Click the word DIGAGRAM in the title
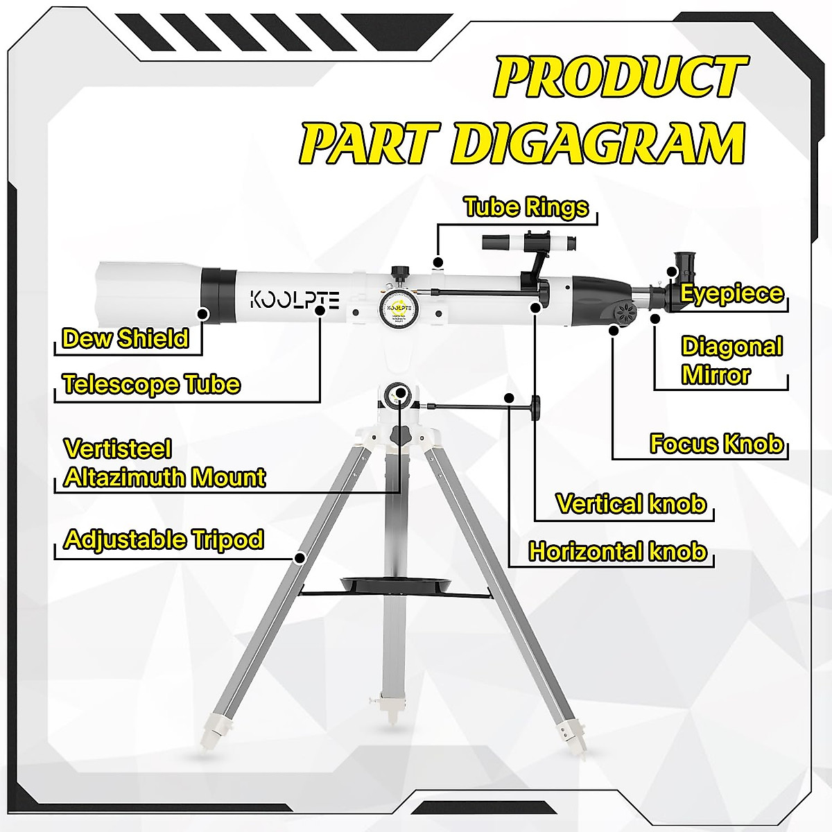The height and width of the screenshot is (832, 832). pos(601,144)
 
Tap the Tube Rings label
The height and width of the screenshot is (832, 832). pos(526,207)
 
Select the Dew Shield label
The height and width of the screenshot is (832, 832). pos(125,338)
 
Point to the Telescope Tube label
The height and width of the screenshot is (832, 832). pos(151,384)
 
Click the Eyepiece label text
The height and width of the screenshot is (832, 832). pos(731,293)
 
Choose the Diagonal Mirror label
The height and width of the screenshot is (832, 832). pos(731,361)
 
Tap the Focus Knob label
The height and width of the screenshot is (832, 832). pos(716,444)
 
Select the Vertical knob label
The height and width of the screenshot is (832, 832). pos(631,504)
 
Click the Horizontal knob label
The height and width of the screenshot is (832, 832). pos(618,552)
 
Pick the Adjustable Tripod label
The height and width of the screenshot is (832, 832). pos(164,539)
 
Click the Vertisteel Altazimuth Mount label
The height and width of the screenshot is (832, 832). pos(164,463)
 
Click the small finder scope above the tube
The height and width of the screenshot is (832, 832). pos(527,245)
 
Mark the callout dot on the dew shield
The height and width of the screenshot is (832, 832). pos(203,313)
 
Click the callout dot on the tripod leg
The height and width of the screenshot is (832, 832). pos(300,557)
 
